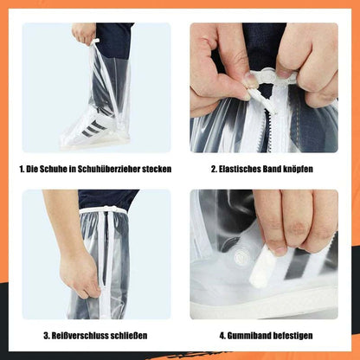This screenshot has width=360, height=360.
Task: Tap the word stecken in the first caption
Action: point(157,169)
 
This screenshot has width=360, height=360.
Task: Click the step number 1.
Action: point(22,169)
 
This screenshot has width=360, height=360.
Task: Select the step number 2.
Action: point(214,169)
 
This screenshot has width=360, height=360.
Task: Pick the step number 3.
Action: point(47,336)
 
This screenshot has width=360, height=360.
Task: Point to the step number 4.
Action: point(222,336)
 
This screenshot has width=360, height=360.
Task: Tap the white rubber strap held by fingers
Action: point(262,269)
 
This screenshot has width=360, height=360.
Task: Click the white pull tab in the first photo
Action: point(94,42)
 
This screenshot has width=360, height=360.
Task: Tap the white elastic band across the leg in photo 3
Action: point(103,210)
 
